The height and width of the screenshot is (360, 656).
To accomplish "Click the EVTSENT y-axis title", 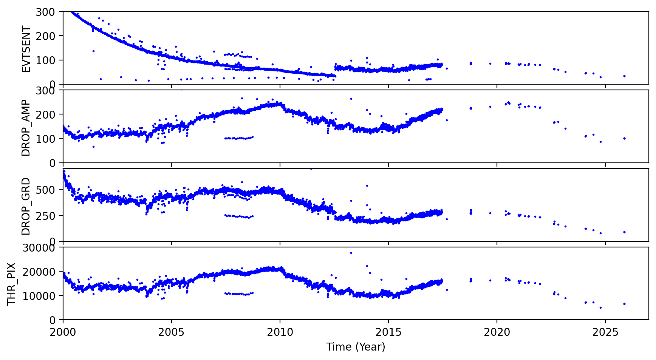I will point(26,49).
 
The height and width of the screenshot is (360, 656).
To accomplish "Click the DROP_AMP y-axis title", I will point(26,128).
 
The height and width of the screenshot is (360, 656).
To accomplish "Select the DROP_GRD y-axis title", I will point(26,206).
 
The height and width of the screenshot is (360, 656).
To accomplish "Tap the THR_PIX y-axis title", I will point(12,284).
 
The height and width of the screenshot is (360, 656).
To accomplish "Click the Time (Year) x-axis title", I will point(356,347).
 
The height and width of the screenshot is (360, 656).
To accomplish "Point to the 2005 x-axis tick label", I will point(172,332).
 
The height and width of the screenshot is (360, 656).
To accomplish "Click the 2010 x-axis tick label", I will point(280,332).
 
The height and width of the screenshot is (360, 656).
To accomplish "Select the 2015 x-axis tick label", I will point(388,332).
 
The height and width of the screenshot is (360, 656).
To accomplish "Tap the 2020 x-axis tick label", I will point(497,332).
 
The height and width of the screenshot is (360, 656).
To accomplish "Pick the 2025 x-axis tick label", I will point(605,332).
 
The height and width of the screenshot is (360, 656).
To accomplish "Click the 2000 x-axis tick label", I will point(63,332).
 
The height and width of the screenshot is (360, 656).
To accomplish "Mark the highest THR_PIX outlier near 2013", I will point(351,253).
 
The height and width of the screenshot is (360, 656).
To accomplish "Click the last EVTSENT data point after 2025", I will point(624,76).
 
